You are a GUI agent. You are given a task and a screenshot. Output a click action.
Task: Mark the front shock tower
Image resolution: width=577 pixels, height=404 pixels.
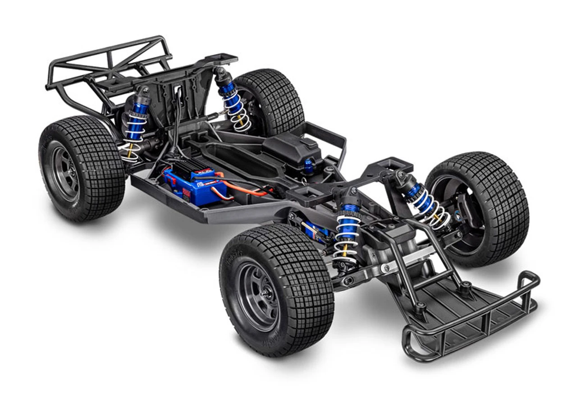tap(347, 180)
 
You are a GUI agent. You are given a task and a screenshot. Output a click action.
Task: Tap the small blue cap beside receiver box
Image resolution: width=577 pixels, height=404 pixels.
tap(308, 165)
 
